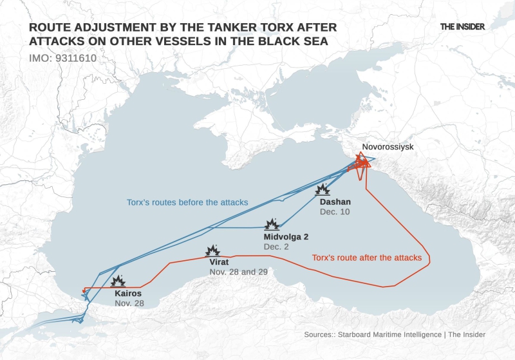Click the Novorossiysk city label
(x=388, y=147)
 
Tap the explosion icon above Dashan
(x=323, y=189)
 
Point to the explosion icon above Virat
(x=212, y=251)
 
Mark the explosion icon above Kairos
(x=118, y=281)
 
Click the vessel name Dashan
(x=335, y=202)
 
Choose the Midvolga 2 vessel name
(x=286, y=236)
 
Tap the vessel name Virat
(x=220, y=262)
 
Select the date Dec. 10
(x=334, y=212)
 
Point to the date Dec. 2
(x=277, y=247)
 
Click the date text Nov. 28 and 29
(x=238, y=272)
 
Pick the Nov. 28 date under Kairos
(x=131, y=303)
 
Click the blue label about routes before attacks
(x=187, y=202)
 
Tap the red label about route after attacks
(x=366, y=258)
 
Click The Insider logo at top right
(x=462, y=26)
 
